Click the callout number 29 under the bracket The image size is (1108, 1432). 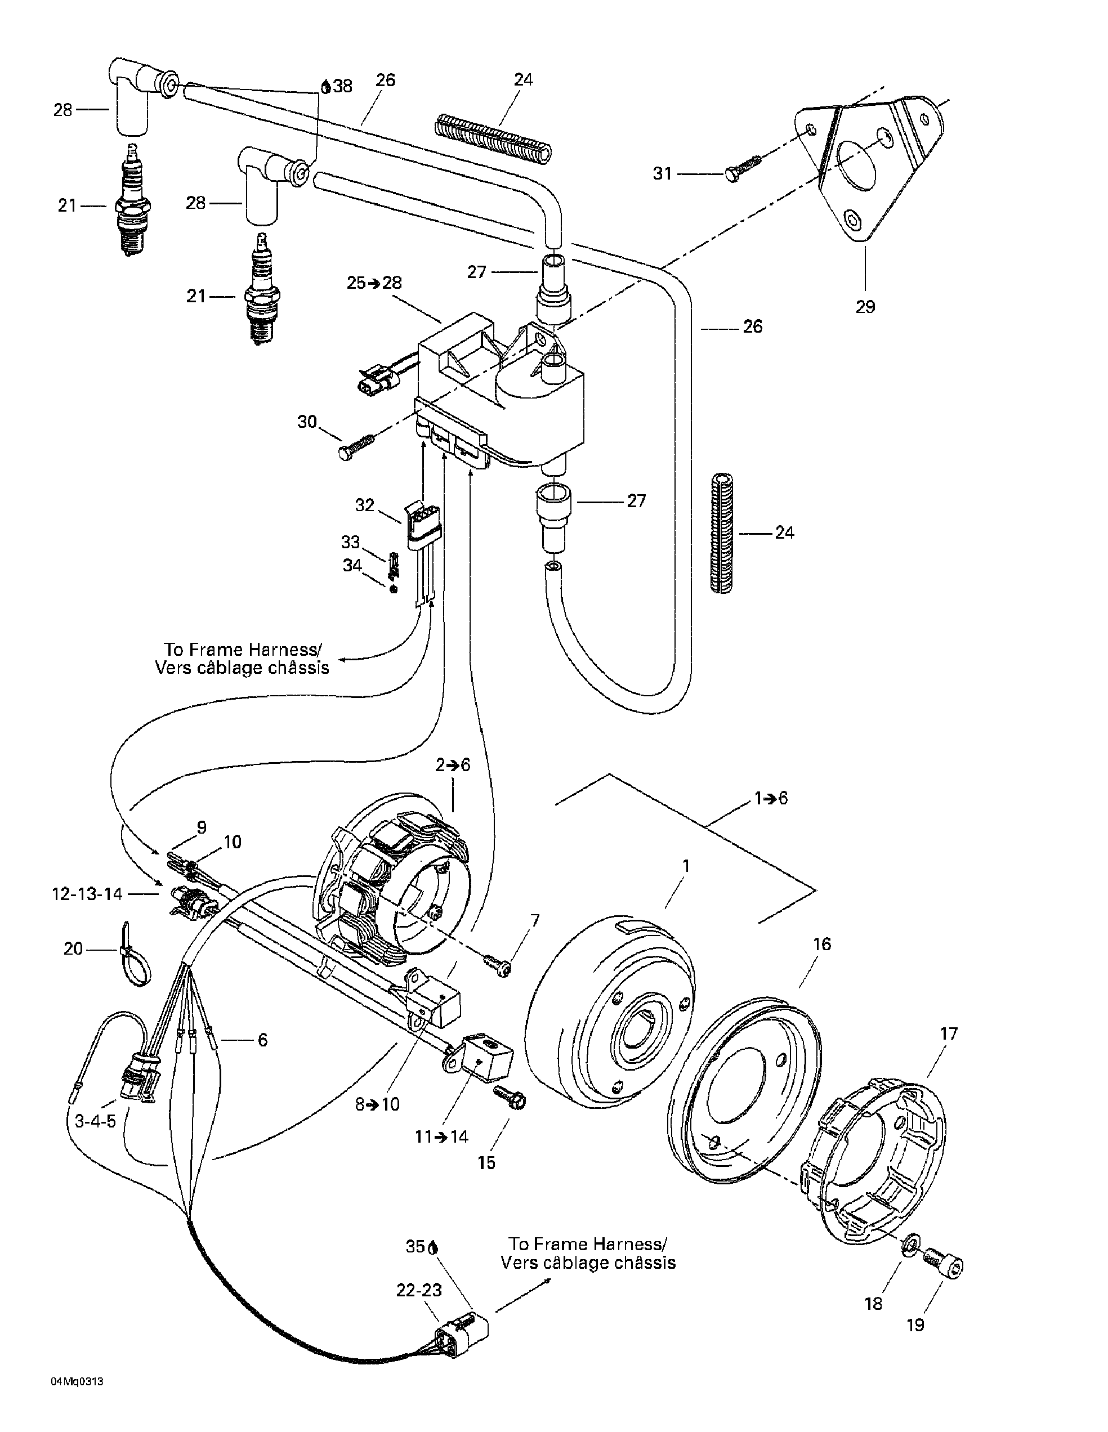(x=865, y=307)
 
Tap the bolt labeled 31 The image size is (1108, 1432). (x=745, y=168)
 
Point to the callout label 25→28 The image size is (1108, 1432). (x=374, y=283)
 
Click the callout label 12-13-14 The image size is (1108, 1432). (x=87, y=894)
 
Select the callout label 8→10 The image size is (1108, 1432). (x=378, y=1104)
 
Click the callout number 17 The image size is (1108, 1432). (x=949, y=1034)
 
